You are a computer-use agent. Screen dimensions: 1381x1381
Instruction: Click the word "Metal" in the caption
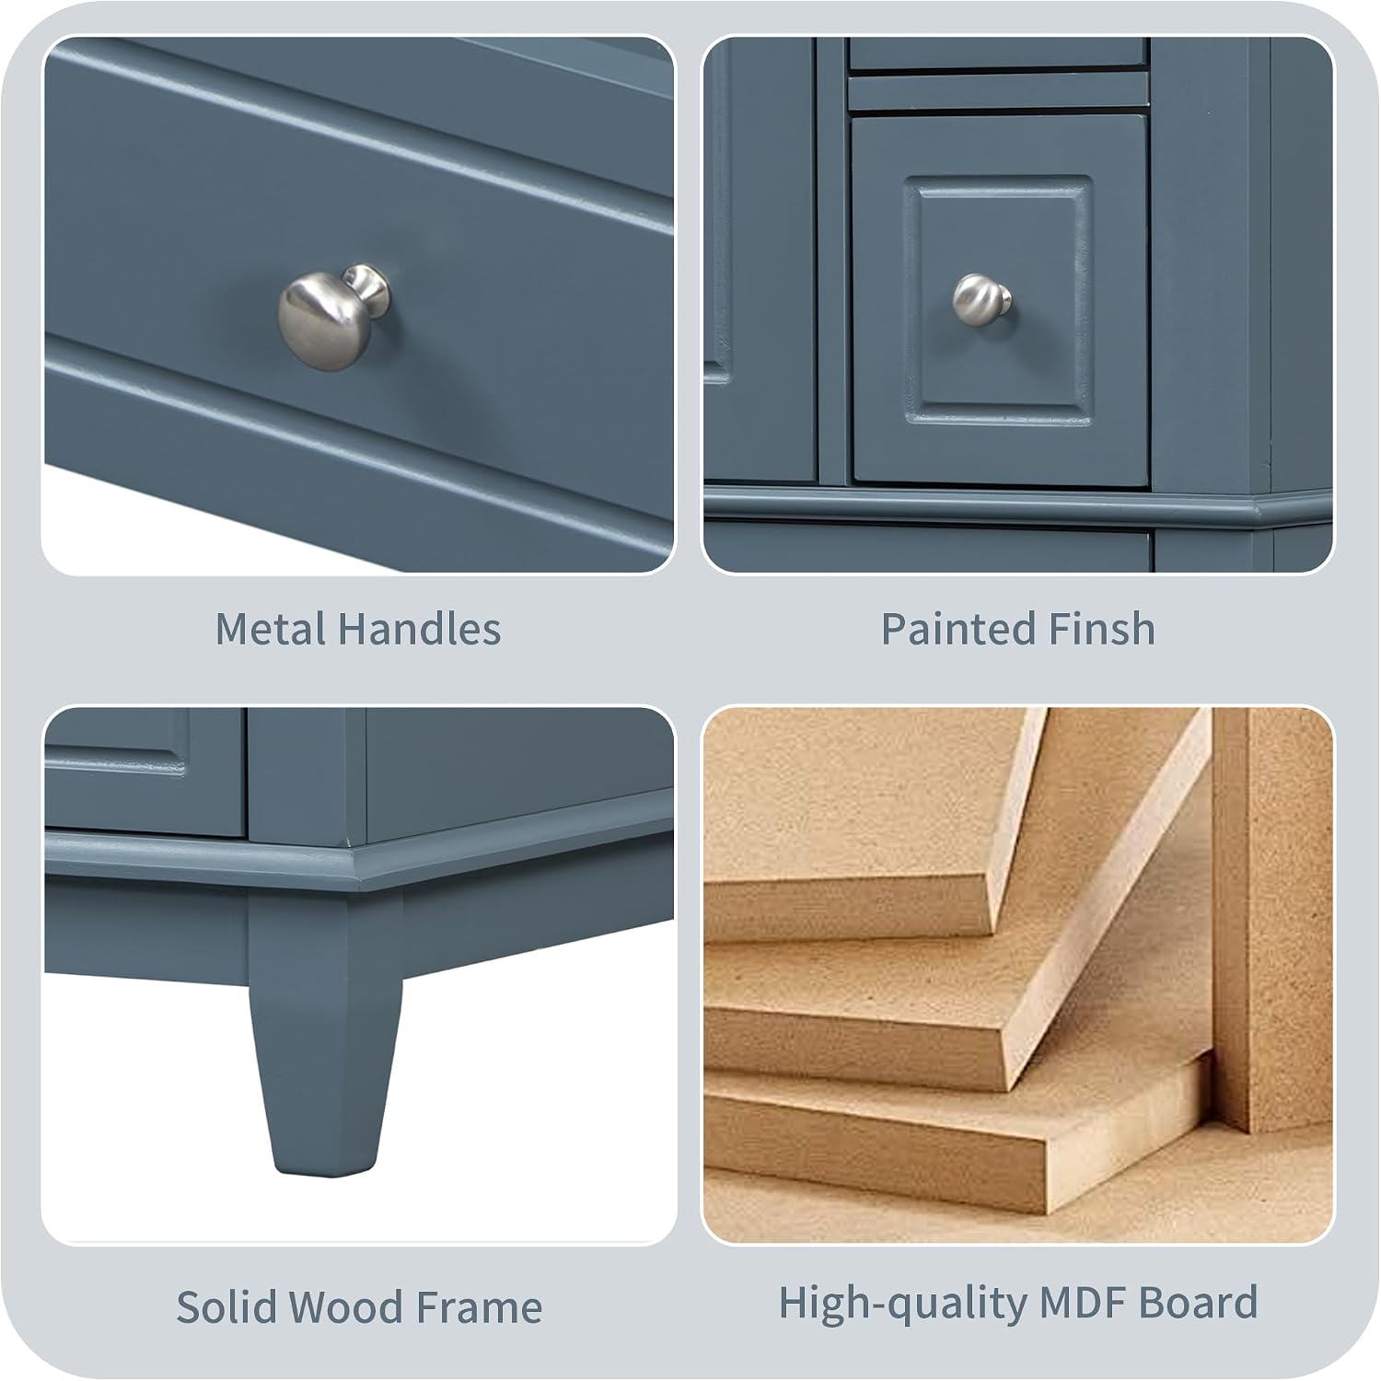[271, 630]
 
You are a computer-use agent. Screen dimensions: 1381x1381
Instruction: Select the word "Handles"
[419, 630]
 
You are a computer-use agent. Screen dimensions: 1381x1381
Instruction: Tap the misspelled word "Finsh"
[1089, 630]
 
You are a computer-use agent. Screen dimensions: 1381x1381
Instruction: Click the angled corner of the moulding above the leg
[354, 870]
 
